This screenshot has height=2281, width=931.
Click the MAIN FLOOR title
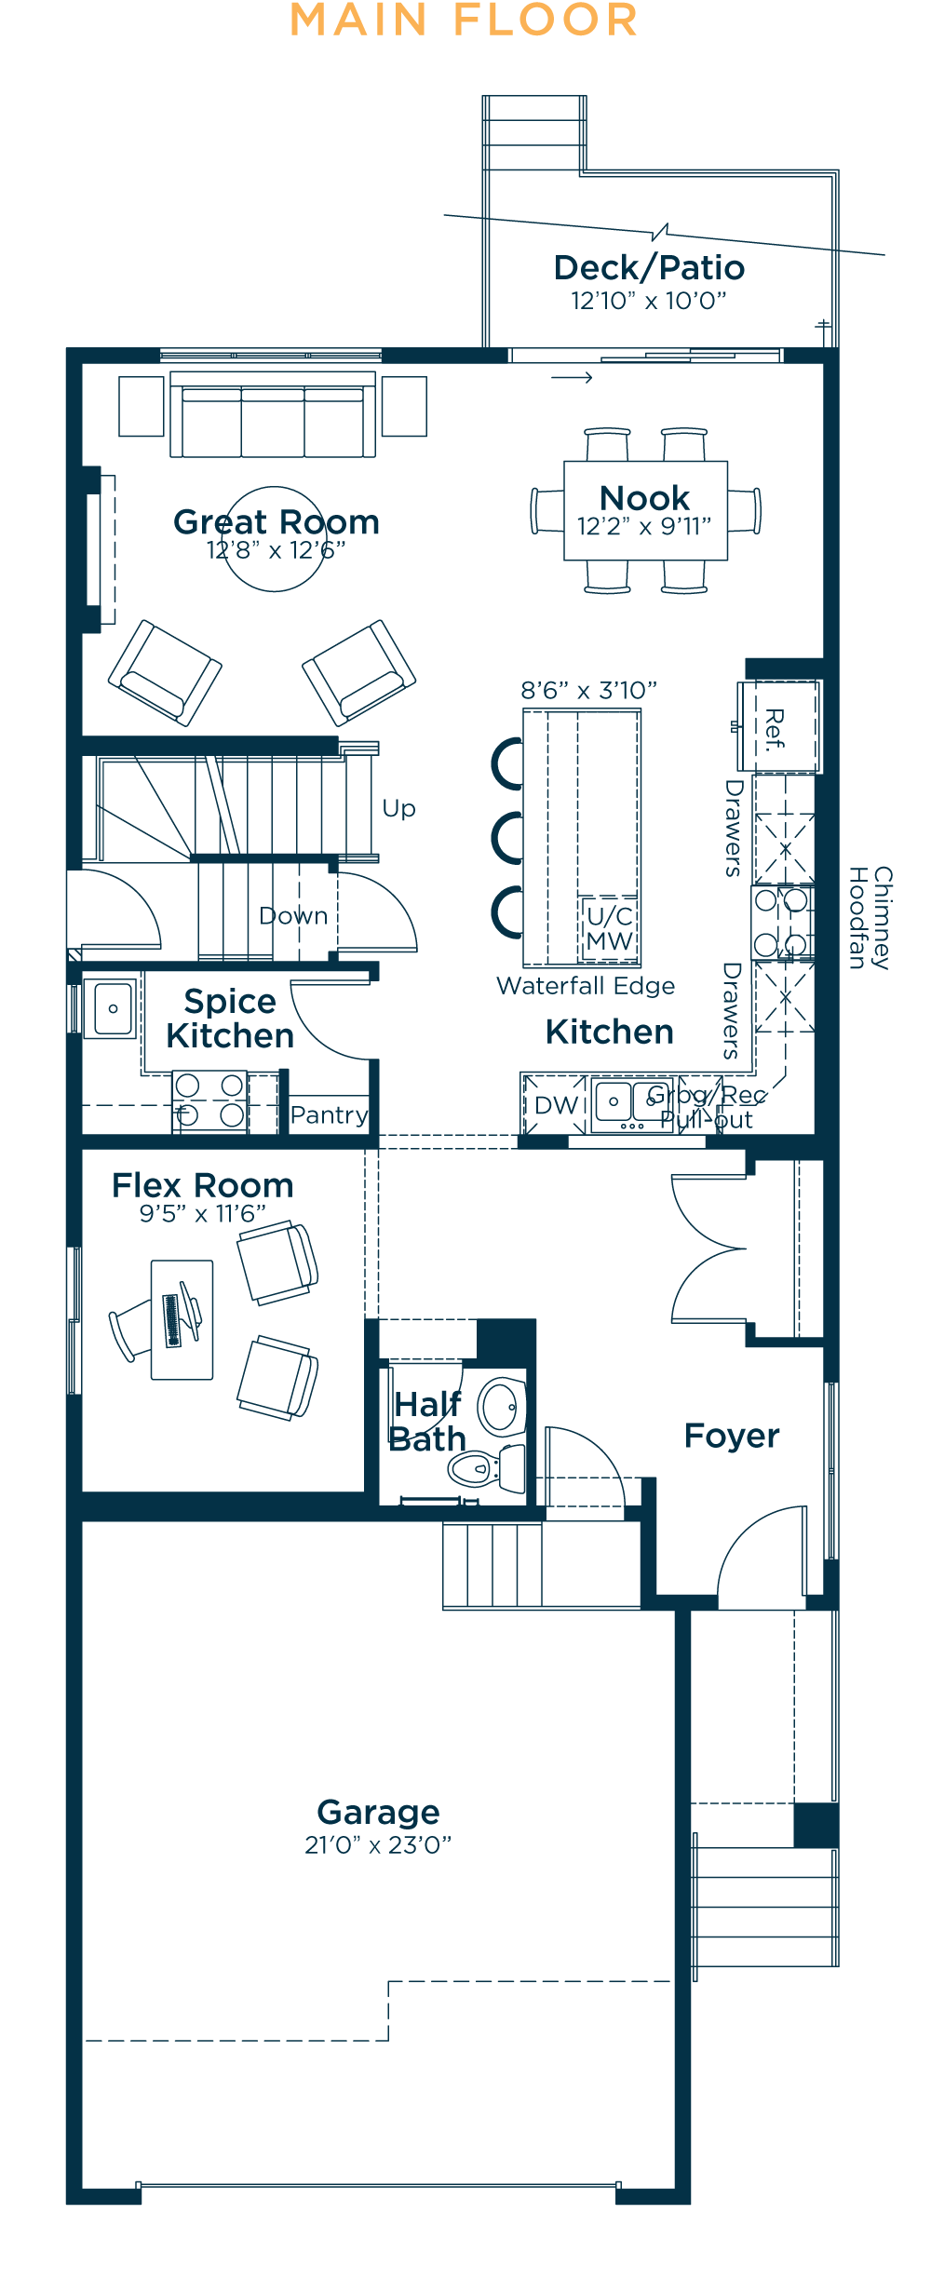pos(464,21)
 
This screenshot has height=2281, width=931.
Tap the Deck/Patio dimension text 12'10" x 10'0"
pos(648,302)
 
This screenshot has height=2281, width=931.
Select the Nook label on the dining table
pos(644,498)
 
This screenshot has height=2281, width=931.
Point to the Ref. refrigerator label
pos(775,729)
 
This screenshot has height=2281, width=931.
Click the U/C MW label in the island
pos(610,929)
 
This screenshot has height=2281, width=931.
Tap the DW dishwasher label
pos(556,1105)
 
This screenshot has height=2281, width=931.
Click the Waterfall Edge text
pos(586,986)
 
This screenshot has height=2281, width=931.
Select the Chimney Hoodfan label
pos(870,918)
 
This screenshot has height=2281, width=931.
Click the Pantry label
pos(329,1115)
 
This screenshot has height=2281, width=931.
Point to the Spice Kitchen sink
pos(113,1008)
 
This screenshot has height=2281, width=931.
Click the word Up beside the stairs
pos(398,808)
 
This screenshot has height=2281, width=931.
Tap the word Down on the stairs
pos(293,916)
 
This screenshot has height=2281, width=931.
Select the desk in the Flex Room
pos(182,1319)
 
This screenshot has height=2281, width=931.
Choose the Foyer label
pos(731,1436)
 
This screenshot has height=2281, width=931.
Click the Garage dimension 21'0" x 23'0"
pos(378,1845)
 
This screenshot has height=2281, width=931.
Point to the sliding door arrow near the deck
pos(572,377)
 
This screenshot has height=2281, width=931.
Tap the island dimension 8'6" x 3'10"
pos(588,691)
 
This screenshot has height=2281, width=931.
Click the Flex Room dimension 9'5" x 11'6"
pos(202,1214)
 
